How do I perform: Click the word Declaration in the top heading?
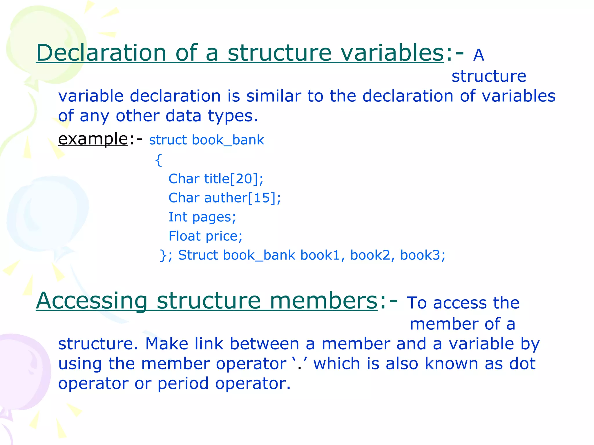101,53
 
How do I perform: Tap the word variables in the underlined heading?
392,53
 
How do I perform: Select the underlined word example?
93,139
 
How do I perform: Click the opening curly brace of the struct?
158,160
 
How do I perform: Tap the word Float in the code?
184,236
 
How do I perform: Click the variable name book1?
320,255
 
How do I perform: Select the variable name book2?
370,255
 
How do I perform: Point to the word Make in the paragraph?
167,344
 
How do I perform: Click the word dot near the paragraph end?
522,364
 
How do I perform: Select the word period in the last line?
183,384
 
